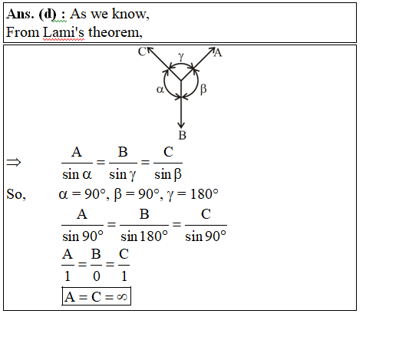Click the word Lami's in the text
[x=64, y=32]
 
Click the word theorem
[x=115, y=32]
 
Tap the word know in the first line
[x=130, y=14]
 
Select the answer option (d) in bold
[x=47, y=15]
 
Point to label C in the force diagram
[x=142, y=52]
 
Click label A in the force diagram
[x=218, y=53]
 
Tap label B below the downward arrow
[x=183, y=135]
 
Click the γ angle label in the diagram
[x=181, y=56]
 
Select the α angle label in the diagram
[x=160, y=90]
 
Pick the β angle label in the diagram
[x=203, y=89]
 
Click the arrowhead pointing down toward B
[x=181, y=125]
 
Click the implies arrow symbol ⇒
[x=14, y=162]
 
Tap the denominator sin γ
[x=123, y=175]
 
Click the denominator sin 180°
[x=144, y=236]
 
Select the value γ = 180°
[x=193, y=194]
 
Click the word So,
[x=16, y=194]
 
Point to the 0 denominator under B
[x=97, y=276]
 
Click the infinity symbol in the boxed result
[x=122, y=297]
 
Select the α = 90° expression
[x=82, y=194]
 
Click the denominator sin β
[x=168, y=175]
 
